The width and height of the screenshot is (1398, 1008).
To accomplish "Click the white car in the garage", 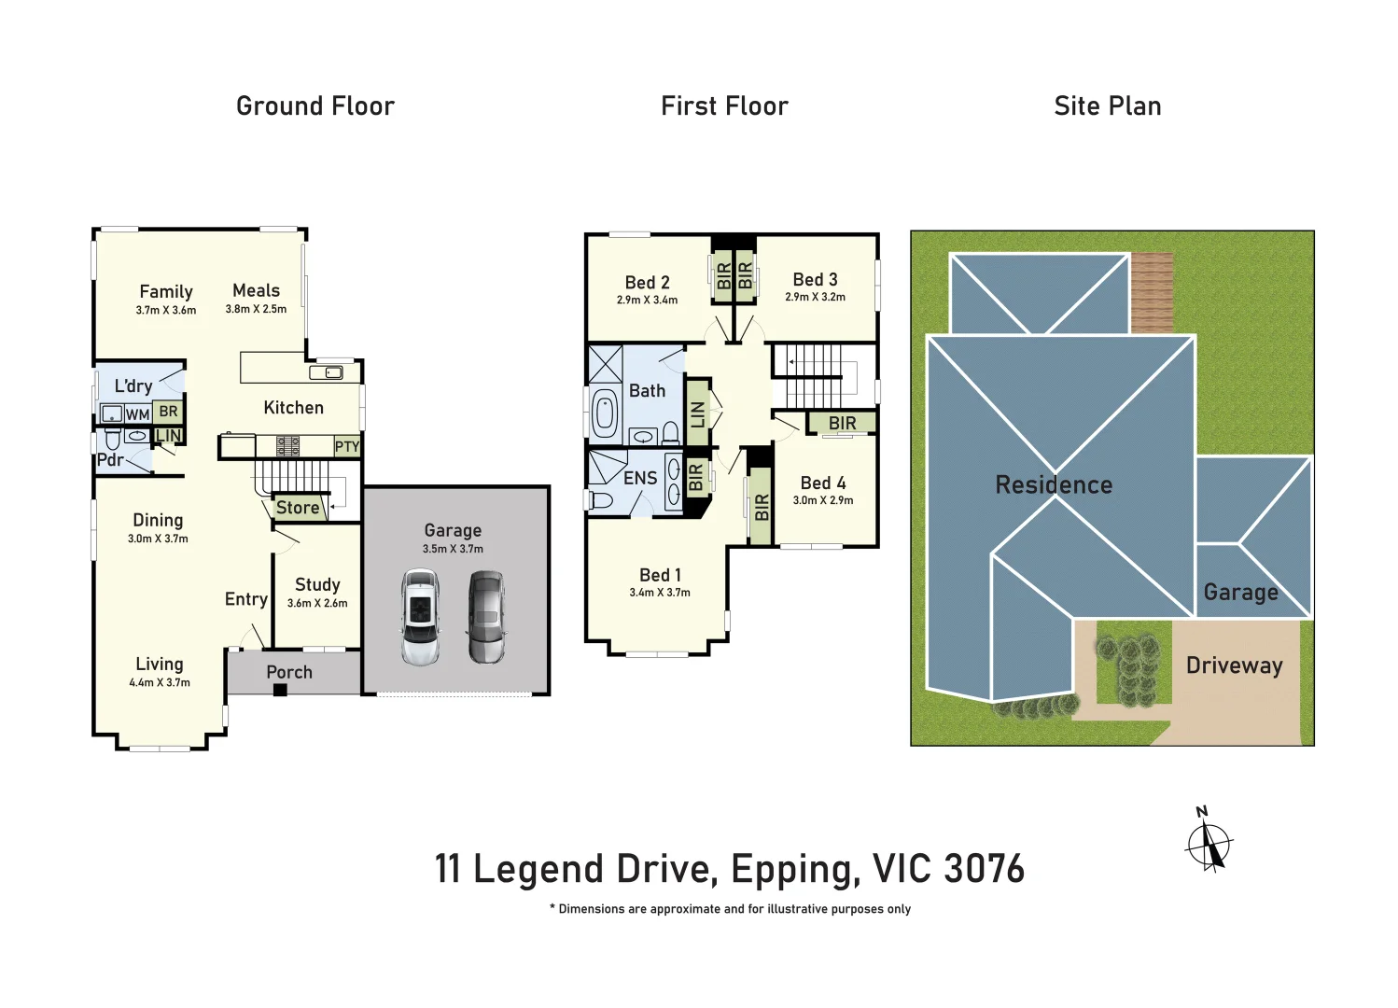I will point(420,617).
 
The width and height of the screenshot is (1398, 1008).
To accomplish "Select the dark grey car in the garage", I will point(486,617).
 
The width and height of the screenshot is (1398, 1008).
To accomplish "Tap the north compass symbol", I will point(1209,843).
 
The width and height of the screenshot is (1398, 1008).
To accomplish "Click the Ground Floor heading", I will point(315,106).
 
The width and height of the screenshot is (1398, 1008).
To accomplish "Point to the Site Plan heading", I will point(1107,106).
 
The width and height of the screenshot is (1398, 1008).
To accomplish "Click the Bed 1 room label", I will point(660,575).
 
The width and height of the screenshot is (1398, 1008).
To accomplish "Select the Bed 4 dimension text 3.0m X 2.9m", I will point(822,500).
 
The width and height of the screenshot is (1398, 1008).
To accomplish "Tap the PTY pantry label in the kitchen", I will point(346,447).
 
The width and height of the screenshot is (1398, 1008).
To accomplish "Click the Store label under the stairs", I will point(298,508).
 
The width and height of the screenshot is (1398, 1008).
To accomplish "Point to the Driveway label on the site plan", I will point(1234,665).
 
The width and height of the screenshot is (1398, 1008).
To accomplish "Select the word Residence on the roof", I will point(1054,485).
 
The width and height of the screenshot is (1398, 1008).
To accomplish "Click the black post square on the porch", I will point(279,690).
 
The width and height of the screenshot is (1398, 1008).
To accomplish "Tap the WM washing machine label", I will point(137,414).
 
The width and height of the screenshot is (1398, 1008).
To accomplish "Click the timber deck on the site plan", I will point(1151,292).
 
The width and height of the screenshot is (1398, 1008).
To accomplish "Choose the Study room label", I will point(317,584).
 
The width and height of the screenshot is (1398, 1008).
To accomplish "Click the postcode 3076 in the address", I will point(984,869).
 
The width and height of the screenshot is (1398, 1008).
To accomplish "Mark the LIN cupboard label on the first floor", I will point(697,414).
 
